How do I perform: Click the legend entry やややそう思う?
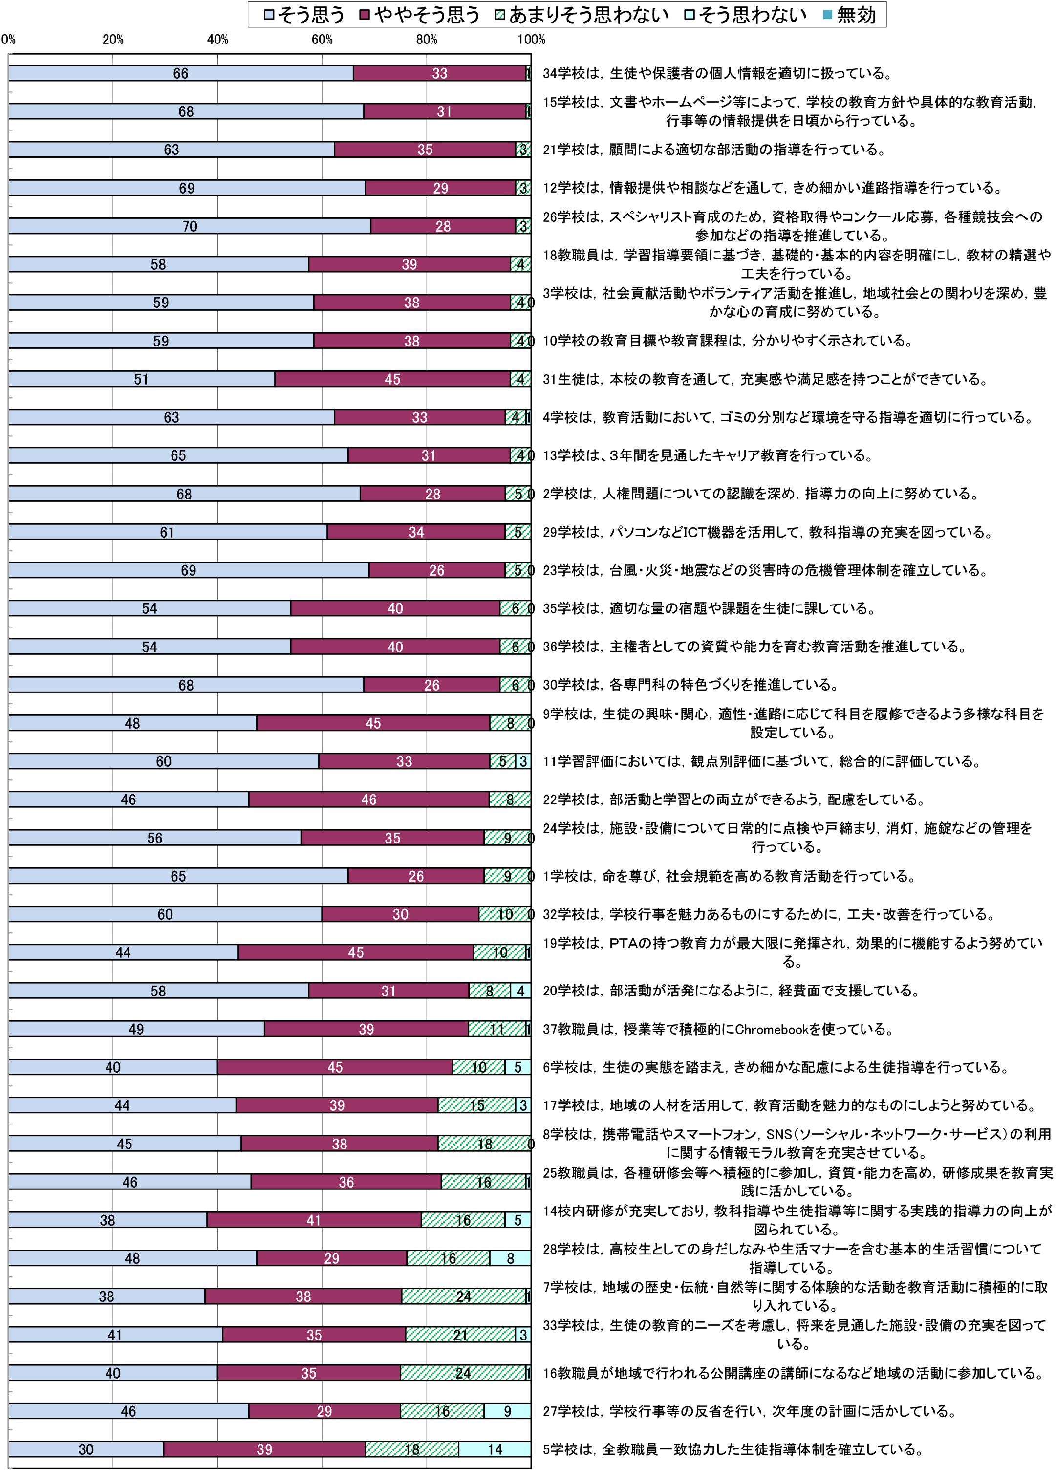click(420, 14)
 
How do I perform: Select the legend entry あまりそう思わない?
click(582, 14)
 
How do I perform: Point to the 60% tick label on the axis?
click(322, 40)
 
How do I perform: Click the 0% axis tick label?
click(8, 40)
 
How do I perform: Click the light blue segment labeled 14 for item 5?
click(495, 1449)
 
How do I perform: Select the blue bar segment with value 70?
click(189, 226)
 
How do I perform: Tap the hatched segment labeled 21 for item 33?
click(460, 1335)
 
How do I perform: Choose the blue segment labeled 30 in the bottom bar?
click(86, 1449)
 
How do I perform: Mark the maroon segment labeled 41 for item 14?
click(314, 1220)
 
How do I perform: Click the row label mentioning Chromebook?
click(718, 1029)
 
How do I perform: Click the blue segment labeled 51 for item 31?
click(141, 379)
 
